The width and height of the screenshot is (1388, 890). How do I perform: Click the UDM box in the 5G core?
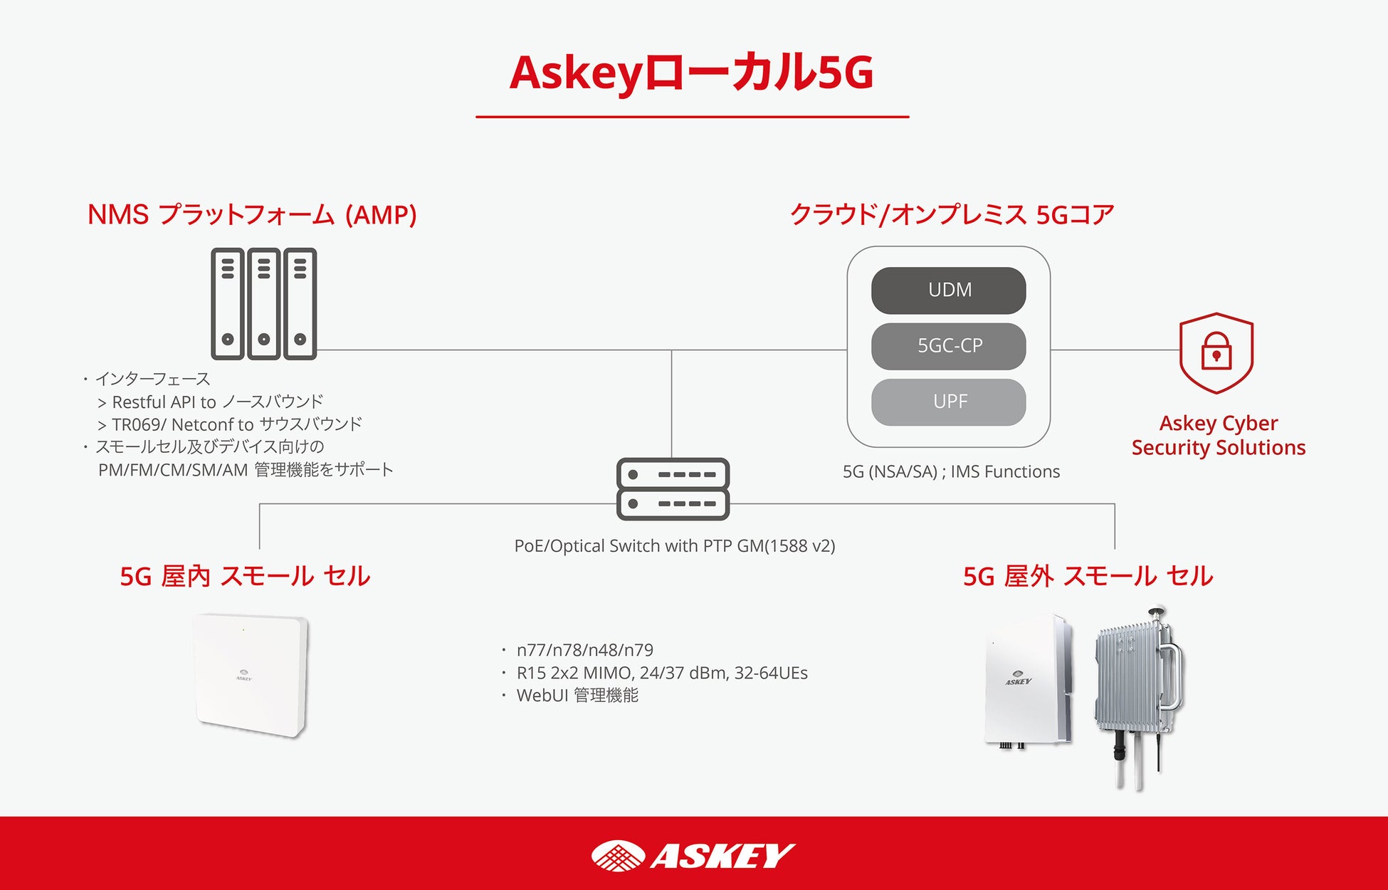(x=948, y=290)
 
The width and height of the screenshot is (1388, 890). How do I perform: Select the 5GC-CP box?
(x=948, y=346)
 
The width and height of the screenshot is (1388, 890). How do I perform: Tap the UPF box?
(x=948, y=402)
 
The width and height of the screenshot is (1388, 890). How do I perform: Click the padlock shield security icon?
(x=1216, y=353)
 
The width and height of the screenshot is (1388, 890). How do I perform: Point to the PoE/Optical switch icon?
(x=673, y=489)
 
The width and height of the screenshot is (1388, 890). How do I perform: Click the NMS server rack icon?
(x=263, y=304)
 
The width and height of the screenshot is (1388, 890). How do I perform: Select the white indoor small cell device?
(x=251, y=674)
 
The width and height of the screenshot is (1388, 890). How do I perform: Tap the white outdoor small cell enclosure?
(x=1025, y=680)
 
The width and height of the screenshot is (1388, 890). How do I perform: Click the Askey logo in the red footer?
(x=693, y=855)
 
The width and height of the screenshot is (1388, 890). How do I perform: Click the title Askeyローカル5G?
(x=692, y=73)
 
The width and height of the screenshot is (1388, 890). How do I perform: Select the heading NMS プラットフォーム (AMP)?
(x=252, y=214)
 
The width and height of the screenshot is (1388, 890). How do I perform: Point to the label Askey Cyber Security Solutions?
(x=1219, y=435)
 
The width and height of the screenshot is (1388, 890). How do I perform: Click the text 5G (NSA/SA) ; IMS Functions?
(x=951, y=471)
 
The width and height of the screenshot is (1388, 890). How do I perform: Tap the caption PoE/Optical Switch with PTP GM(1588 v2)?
(x=675, y=546)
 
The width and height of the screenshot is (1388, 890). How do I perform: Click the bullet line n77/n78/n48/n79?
(x=584, y=650)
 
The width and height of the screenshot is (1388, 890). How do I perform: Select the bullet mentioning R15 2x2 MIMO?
(x=662, y=673)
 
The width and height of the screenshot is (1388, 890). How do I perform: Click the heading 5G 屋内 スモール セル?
(x=245, y=576)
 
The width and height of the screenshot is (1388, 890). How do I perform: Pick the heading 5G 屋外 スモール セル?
(x=1088, y=576)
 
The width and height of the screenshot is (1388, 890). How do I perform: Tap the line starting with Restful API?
(x=217, y=402)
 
